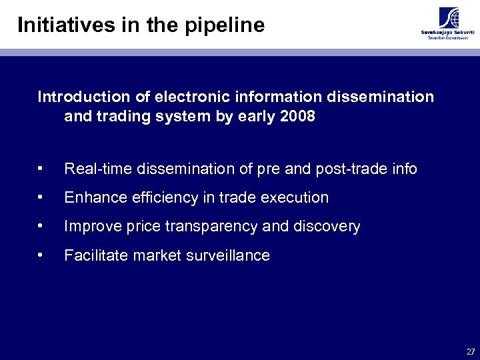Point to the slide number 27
pyautogui.click(x=471, y=351)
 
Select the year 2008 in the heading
pyautogui.click(x=298, y=117)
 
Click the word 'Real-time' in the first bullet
pyautogui.click(x=98, y=169)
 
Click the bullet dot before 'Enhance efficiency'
pyautogui.click(x=41, y=198)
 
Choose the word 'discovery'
pyautogui.click(x=326, y=227)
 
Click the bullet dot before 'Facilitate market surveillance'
pyautogui.click(x=41, y=255)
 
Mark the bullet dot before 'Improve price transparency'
pyautogui.click(x=41, y=227)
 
